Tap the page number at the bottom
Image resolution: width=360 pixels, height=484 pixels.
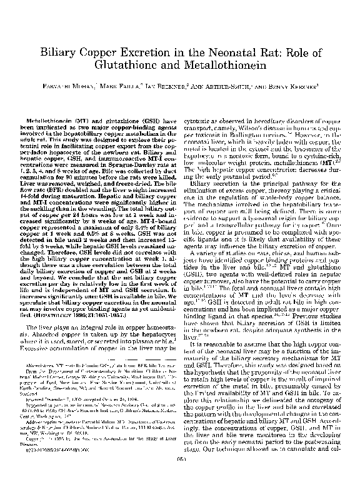coord(180,478)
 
